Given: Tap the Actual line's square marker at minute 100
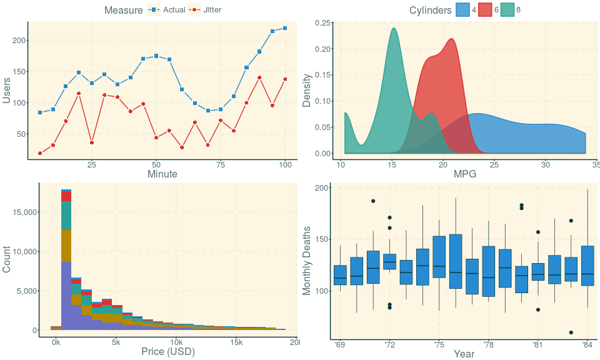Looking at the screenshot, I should tap(285, 28).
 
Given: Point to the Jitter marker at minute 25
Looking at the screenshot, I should tap(92, 142).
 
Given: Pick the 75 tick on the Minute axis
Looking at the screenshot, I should tap(221, 165).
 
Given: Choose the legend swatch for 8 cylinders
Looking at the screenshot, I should tap(507, 10).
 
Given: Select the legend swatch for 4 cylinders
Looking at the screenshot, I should tap(463, 10).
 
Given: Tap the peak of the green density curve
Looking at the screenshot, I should tap(394, 28).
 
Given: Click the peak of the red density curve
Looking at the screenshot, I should tap(451, 39).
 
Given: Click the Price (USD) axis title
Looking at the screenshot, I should tap(168, 352).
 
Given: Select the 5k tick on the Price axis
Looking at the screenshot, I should tap(116, 342).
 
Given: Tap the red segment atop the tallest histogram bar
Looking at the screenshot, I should tap(66, 196).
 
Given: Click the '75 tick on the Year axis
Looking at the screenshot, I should tap(439, 344).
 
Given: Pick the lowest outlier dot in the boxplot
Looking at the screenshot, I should tap(571, 332).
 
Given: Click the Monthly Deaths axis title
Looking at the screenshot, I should tap(307, 261).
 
